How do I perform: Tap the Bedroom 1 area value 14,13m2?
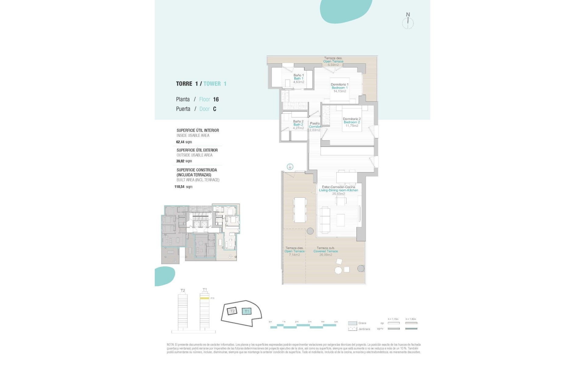[339, 91]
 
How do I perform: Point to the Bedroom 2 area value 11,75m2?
[352, 126]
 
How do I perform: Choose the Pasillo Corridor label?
[315, 125]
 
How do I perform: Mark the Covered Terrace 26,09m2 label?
[326, 251]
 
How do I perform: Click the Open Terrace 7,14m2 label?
[294, 251]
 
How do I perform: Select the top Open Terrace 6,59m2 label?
[333, 61]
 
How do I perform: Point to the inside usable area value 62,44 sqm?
[184, 142]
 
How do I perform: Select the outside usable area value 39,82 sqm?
[184, 161]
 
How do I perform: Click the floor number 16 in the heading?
[216, 99]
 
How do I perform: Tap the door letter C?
[214, 109]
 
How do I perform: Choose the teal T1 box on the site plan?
[247, 311]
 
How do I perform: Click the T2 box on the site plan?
[232, 311]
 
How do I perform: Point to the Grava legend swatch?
[353, 323]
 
